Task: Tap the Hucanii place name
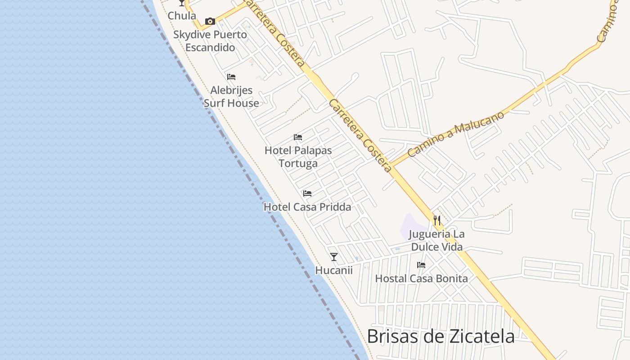click(x=333, y=270)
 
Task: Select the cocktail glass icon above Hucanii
click(x=333, y=257)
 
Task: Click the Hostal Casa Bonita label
click(x=421, y=279)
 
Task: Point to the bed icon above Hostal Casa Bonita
click(x=421, y=265)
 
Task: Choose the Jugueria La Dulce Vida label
click(x=436, y=240)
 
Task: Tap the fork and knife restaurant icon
click(x=436, y=220)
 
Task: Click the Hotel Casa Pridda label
click(x=307, y=207)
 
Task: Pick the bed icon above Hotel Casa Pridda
click(x=307, y=193)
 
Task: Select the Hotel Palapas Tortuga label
click(x=298, y=157)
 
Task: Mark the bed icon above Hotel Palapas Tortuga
click(x=297, y=137)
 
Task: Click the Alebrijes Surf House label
click(x=231, y=97)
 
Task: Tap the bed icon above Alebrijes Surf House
click(x=231, y=77)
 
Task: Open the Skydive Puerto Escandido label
click(x=210, y=41)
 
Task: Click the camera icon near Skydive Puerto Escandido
click(x=210, y=21)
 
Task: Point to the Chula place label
click(x=182, y=16)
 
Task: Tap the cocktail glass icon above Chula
click(x=182, y=3)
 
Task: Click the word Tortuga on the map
click(x=298, y=163)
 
